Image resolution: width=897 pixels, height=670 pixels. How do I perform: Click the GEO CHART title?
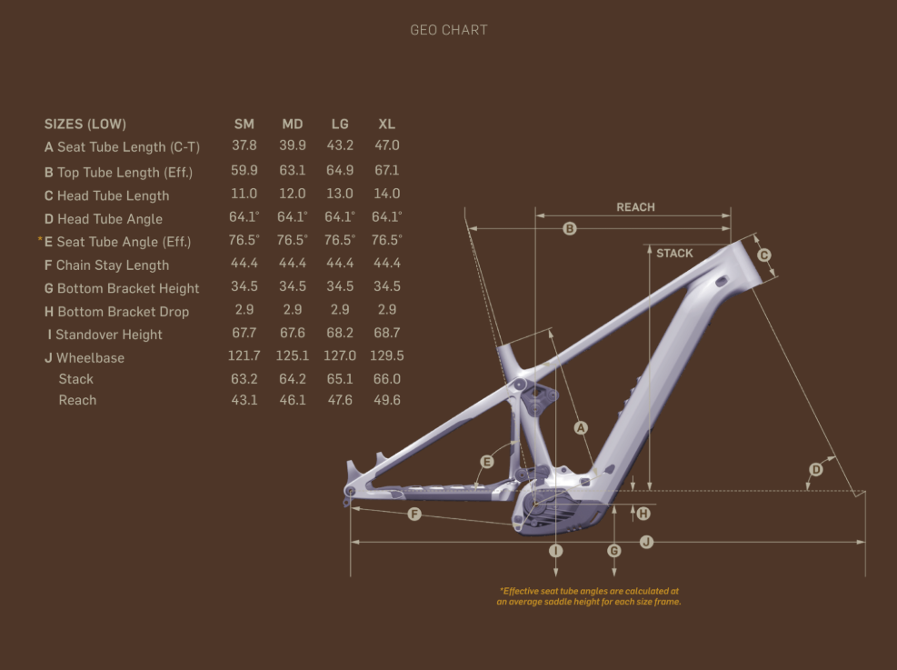tap(449, 30)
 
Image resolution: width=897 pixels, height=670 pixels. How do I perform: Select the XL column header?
tap(387, 125)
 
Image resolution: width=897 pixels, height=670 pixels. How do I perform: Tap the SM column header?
tap(244, 125)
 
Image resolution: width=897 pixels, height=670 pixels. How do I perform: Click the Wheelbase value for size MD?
tap(293, 355)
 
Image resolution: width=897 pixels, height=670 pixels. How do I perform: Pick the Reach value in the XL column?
tap(387, 400)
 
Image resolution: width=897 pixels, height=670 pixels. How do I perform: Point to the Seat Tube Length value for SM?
tap(244, 145)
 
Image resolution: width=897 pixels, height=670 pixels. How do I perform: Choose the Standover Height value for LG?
tap(340, 333)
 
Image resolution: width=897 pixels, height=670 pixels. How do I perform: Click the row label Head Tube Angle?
tap(104, 219)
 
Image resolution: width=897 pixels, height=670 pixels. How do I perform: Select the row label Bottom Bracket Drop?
tap(116, 312)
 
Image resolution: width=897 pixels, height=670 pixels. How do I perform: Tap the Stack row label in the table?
tap(76, 379)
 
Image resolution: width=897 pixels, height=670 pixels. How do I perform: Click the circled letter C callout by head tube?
tap(764, 255)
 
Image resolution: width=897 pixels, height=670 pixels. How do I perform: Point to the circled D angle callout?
tap(816, 470)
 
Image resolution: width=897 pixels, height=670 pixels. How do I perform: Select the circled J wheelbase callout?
tap(646, 542)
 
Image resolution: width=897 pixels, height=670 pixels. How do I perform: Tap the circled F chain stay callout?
tap(414, 514)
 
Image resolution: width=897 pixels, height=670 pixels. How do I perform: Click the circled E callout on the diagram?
tap(487, 462)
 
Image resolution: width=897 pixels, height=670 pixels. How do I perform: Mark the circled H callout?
tap(643, 514)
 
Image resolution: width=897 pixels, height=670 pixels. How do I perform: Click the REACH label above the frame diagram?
tap(635, 207)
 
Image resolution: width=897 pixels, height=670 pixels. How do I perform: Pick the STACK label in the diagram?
tap(674, 254)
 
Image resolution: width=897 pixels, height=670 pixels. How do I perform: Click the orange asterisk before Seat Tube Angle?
tap(40, 238)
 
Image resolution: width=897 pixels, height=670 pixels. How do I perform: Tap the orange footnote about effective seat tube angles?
tap(589, 596)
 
